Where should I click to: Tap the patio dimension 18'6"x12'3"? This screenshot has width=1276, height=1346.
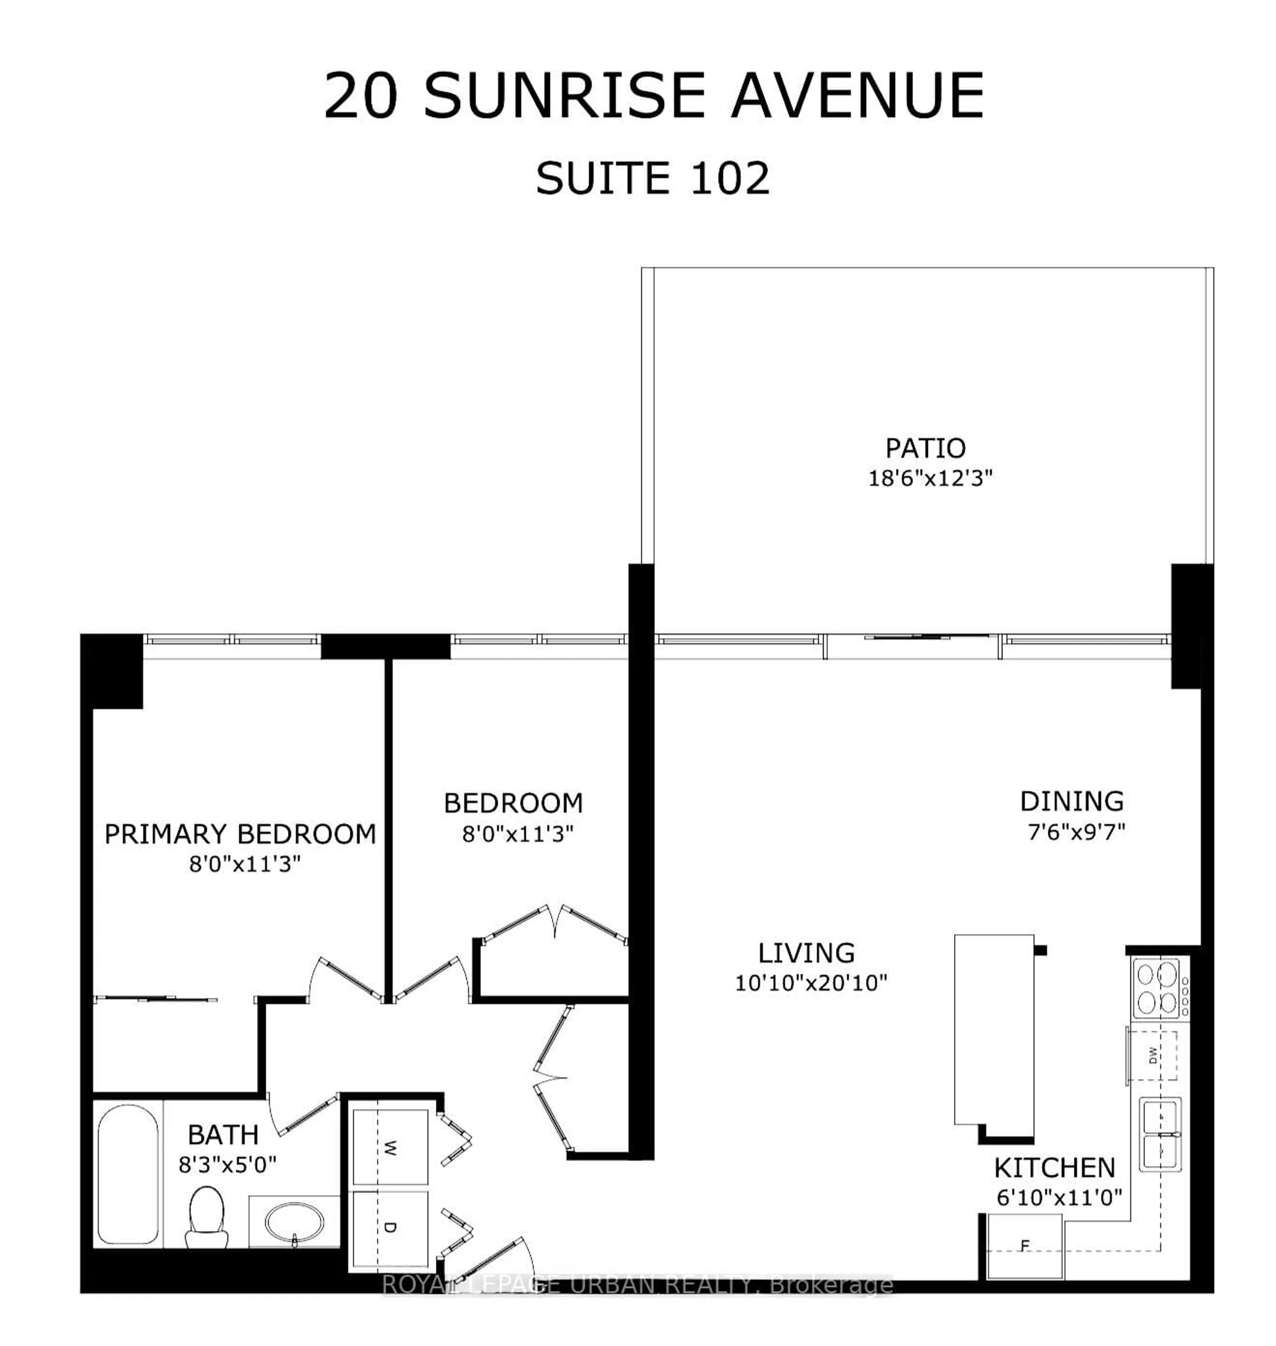(930, 478)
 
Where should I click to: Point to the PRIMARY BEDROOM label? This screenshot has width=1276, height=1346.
(240, 834)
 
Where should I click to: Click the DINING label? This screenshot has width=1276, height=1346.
(1072, 801)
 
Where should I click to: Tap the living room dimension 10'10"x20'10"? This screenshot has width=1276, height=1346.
(811, 983)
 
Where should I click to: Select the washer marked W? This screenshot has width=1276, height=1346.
(389, 1149)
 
